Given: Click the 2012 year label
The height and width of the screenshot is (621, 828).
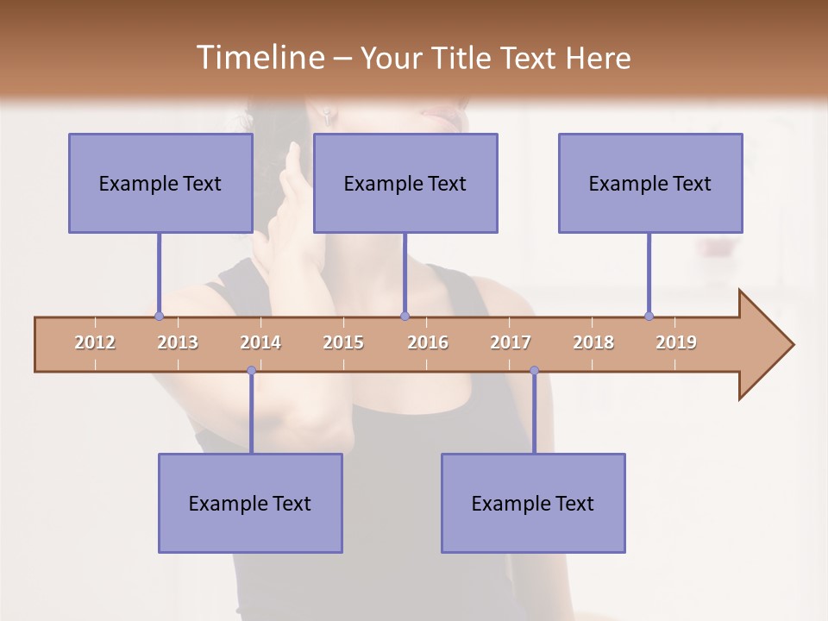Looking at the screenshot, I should pos(95,342).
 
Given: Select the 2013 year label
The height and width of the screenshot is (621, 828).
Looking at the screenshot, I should pos(178,342).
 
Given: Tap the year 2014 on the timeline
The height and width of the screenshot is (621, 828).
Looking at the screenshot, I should pos(260,342).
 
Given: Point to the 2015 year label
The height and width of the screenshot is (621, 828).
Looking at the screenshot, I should pos(343,342).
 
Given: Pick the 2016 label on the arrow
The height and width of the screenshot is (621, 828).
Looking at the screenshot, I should pos(428,342).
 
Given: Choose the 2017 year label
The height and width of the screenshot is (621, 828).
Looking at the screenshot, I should pos(511,342).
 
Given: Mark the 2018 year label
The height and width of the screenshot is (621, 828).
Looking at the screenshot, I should pos(593,342).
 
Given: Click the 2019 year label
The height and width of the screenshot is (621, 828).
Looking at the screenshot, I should pos(676,342).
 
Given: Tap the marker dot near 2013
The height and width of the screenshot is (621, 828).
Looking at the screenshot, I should pos(159,317).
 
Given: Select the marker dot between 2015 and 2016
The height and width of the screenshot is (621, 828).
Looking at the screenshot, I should pos(405,317).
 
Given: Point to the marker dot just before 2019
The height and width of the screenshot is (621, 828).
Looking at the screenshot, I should pos(649,317).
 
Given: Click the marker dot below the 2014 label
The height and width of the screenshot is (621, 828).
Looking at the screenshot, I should pos(251,371).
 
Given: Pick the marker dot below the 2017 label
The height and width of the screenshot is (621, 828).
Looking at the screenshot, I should pos(534,371).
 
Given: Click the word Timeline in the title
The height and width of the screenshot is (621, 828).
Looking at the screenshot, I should pos(258,58).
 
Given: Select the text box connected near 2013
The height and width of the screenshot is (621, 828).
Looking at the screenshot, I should pos(160,183).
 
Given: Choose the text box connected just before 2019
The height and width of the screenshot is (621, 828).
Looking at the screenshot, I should pos(650,183).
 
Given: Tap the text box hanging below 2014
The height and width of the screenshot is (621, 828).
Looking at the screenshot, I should pos(250,503).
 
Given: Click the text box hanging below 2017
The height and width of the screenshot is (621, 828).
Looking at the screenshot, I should pos(533,503).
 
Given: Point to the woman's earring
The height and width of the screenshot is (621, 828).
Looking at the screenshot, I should pos(328,114).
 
